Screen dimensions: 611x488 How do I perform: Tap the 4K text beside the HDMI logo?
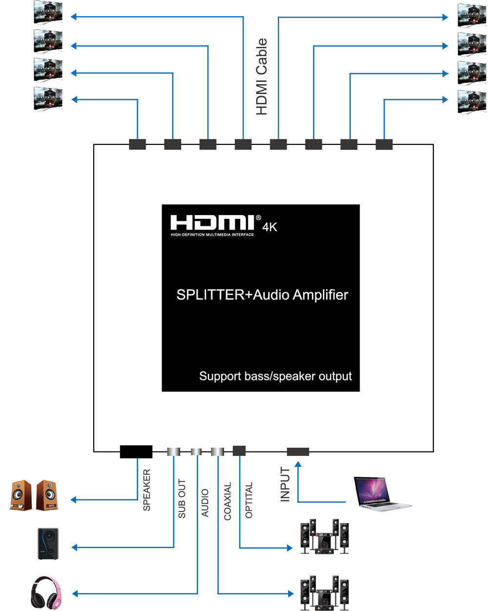[x=270, y=227]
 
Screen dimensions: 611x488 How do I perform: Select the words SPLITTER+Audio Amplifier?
[x=262, y=295]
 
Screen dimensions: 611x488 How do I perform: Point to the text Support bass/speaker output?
[x=275, y=376]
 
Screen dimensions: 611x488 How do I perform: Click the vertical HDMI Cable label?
[x=262, y=77]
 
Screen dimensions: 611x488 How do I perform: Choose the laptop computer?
[x=381, y=494]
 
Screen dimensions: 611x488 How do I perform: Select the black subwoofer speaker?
[x=48, y=544]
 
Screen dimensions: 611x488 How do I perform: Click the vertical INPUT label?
[x=285, y=484]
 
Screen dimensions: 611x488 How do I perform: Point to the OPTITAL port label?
[x=249, y=500]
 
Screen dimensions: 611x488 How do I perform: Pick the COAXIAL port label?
[x=227, y=501]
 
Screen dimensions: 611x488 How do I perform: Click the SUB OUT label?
[x=182, y=499]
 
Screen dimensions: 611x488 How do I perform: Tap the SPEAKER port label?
[x=146, y=490]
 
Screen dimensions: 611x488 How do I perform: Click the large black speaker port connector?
[x=136, y=452]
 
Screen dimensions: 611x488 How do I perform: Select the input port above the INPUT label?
[x=298, y=452]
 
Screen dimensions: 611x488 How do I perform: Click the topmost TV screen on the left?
[x=48, y=13]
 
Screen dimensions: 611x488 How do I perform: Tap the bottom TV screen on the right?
[x=472, y=102]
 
